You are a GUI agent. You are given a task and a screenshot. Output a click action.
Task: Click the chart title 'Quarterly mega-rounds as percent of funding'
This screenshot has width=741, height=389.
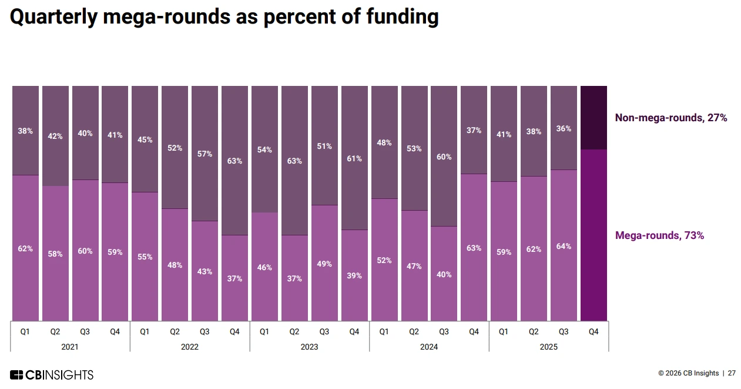coord(224,17)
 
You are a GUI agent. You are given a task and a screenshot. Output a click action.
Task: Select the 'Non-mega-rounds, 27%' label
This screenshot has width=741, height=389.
coord(670,118)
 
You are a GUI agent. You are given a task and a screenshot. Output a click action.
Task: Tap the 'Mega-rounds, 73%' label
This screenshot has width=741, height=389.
coord(659,235)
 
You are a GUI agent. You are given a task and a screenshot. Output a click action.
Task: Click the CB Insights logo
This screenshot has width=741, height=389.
coord(52,375)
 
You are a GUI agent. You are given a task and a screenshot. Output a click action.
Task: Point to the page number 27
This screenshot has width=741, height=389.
coord(732,373)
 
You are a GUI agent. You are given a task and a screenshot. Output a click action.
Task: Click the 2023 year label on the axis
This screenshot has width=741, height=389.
coord(309,347)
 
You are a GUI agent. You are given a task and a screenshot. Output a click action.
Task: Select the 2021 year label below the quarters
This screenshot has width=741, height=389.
coord(69,347)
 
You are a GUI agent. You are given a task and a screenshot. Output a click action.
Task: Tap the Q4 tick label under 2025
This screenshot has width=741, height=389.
coord(594,332)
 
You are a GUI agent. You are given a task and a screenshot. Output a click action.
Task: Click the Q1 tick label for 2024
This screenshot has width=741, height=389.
coord(384,332)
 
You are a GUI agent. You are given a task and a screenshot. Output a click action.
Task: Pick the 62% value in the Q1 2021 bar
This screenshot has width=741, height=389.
coord(25,249)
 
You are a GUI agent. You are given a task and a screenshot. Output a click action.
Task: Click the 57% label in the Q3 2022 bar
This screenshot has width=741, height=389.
coord(204,154)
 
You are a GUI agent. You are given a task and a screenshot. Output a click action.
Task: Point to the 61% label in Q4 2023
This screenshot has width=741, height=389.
coord(354,158)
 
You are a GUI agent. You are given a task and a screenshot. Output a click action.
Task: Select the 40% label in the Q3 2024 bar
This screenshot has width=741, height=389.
coord(444,274)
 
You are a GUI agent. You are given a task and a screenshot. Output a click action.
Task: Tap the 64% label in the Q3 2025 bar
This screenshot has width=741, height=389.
coord(564,246)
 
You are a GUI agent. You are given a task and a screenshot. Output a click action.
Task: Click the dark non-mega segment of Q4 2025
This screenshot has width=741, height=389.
coord(594,118)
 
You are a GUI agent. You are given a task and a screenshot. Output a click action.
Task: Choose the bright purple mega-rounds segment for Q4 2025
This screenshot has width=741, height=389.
coord(594,235)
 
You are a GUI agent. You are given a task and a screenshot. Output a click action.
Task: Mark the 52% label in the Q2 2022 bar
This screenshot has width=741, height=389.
coord(175,148)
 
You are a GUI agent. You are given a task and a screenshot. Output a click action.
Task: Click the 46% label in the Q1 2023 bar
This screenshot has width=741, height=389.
coord(264,267)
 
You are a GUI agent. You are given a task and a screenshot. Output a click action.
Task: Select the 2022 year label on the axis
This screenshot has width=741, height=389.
coord(189,347)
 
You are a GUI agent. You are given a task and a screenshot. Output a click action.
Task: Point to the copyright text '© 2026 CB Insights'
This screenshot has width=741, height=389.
coord(688,373)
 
